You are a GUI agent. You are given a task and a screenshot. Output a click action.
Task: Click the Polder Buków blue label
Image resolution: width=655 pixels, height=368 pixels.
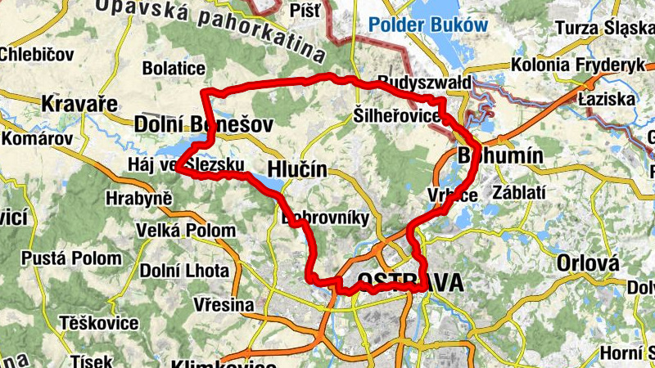coord(427,25)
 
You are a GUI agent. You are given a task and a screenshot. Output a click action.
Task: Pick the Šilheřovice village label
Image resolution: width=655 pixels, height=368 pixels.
coord(398,115)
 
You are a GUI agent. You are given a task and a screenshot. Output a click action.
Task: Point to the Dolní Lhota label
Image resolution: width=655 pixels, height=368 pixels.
coord(180,271)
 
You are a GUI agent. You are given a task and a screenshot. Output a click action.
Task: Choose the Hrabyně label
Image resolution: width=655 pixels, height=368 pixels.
coord(139,198)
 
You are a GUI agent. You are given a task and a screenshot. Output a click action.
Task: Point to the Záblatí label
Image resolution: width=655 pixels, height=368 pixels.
coord(519,193)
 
